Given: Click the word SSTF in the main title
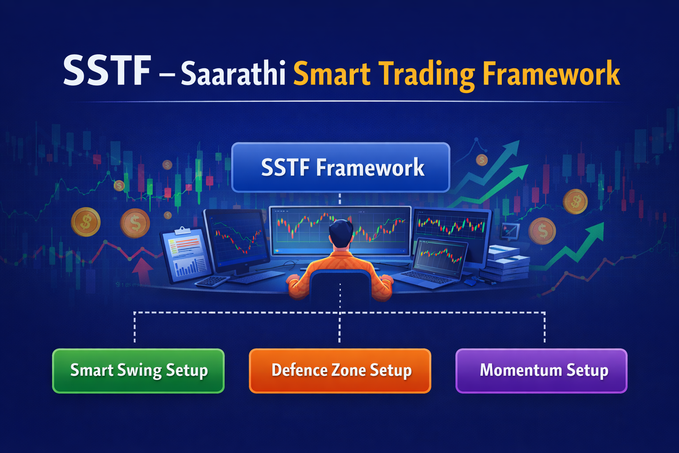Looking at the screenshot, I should pyautogui.click(x=107, y=71).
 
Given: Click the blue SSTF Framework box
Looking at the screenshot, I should pyautogui.click(x=340, y=167).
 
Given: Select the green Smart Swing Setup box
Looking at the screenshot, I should pyautogui.click(x=138, y=371).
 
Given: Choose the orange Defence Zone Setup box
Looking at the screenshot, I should pyautogui.click(x=340, y=371).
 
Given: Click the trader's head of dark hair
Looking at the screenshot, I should pyautogui.click(x=341, y=232).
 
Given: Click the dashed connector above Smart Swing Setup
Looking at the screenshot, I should pyautogui.click(x=135, y=327).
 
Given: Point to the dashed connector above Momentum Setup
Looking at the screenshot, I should pyautogui.click(x=544, y=327).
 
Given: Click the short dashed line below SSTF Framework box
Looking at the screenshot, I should pyautogui.click(x=339, y=198).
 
